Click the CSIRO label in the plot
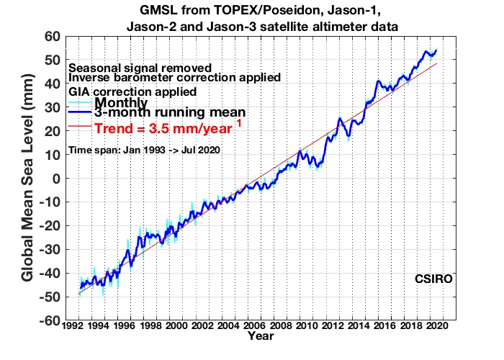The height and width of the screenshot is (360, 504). coord(433,279)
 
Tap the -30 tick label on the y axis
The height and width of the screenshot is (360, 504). coord(50,250)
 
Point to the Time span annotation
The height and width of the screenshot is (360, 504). coord(144,150)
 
